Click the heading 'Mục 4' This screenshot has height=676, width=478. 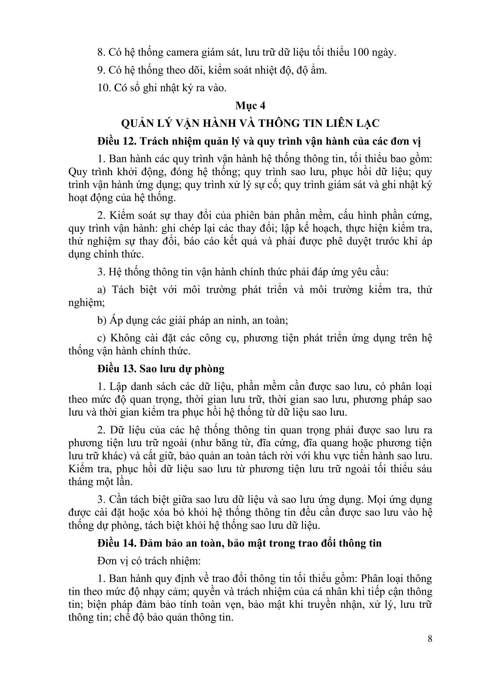[250, 106]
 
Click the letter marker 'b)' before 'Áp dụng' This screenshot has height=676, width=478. [101, 320]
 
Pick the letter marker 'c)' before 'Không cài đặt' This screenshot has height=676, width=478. [101, 338]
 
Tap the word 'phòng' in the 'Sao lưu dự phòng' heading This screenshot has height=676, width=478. [210, 369]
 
